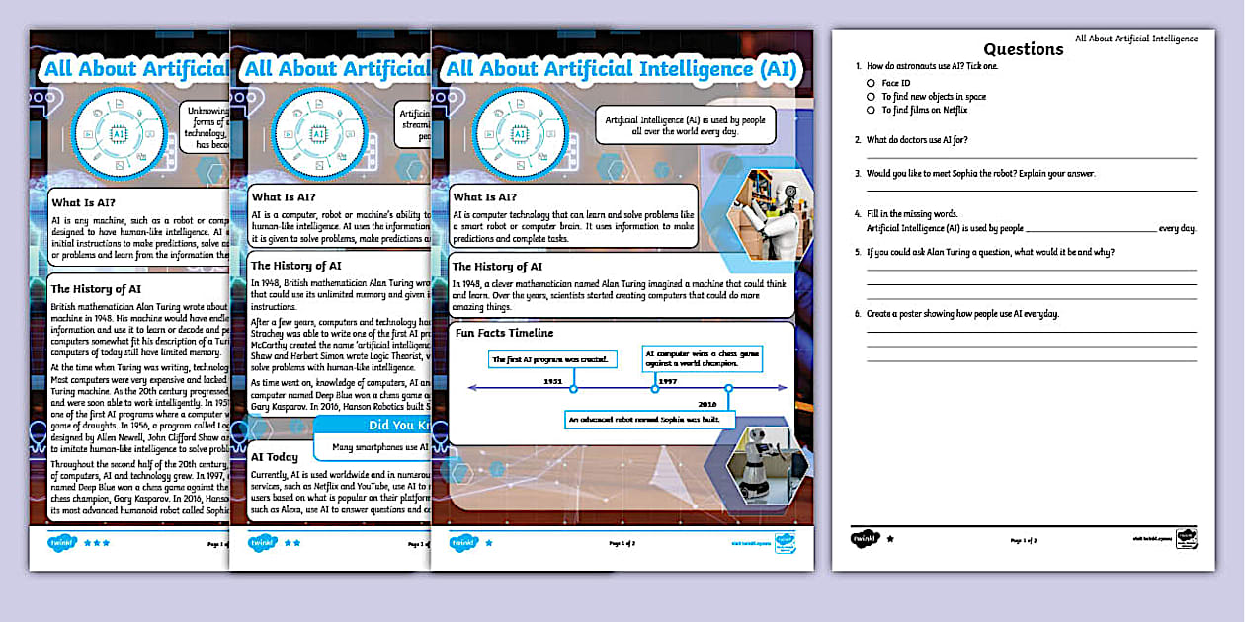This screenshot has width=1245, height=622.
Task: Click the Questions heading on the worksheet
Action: tap(1023, 49)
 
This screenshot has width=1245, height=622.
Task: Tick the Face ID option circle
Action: tap(871, 83)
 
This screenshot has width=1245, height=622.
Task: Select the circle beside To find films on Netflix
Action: tap(871, 110)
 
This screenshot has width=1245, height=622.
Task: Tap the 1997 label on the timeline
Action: tap(667, 380)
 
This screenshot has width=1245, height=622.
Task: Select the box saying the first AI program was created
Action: tap(554, 359)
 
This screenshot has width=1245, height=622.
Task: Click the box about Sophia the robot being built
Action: tap(651, 420)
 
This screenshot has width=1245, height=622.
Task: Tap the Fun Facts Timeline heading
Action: tap(504, 333)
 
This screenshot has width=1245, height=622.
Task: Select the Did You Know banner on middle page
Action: tap(371, 427)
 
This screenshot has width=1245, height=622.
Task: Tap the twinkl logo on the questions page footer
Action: tap(863, 539)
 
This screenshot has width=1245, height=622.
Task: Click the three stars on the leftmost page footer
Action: tap(97, 542)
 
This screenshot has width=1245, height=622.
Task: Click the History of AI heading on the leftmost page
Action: tap(96, 289)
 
